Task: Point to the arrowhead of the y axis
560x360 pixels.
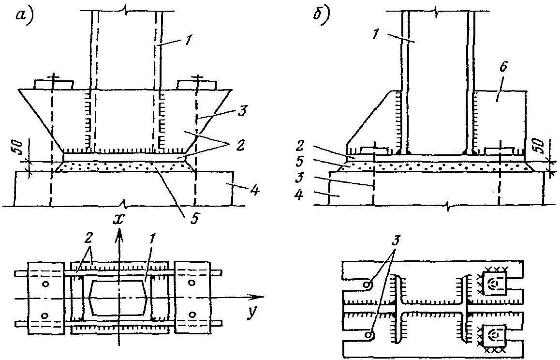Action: (258, 298)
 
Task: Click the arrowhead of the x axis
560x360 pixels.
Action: (119, 234)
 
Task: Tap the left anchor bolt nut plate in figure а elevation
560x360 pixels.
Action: (54, 85)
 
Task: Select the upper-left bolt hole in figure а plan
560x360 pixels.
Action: (45, 284)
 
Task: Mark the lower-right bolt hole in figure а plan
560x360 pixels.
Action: (192, 315)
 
